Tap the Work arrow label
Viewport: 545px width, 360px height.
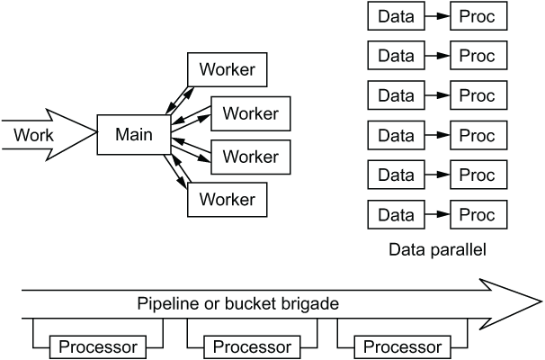click(34, 136)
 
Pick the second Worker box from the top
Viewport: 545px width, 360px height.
click(250, 112)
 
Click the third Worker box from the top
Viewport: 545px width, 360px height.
click(250, 156)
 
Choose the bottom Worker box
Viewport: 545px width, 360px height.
click(228, 199)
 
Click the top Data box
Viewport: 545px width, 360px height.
click(397, 16)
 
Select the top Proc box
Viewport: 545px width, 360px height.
click(478, 16)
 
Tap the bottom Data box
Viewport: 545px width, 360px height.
click(397, 215)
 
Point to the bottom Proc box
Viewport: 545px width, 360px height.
click(478, 215)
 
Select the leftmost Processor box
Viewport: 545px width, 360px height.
click(97, 346)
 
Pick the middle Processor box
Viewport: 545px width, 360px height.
click(251, 346)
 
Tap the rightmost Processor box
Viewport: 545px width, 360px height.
click(401, 346)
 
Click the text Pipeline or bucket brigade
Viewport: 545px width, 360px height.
click(237, 303)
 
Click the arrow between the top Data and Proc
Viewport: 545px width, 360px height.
click(437, 16)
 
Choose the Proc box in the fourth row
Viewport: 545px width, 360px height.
click(478, 136)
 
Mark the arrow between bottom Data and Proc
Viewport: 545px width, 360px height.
click(437, 215)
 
